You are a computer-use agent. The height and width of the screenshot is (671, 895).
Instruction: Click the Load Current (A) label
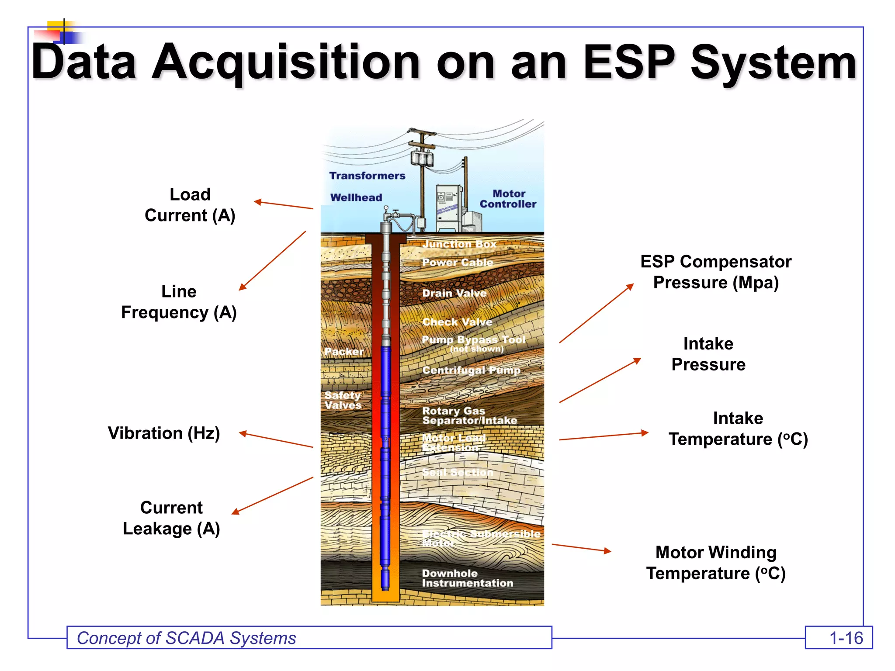(x=190, y=205)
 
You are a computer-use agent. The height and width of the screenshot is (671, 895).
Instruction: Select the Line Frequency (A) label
(x=179, y=302)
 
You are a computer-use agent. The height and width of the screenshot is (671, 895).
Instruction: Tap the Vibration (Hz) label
(x=164, y=433)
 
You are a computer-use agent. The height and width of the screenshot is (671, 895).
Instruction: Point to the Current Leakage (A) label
(x=171, y=518)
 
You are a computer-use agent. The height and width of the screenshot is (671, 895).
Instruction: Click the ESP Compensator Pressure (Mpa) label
(x=715, y=272)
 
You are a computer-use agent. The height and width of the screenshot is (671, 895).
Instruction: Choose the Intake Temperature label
(x=738, y=429)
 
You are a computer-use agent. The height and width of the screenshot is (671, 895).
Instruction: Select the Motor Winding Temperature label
(x=715, y=563)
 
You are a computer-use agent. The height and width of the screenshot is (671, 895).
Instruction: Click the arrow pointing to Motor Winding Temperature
(x=581, y=548)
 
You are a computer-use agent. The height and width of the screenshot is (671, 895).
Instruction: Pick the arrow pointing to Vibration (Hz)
(x=276, y=440)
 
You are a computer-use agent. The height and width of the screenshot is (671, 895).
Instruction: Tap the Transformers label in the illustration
(x=367, y=176)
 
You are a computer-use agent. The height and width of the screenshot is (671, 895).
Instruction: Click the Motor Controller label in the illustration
(x=508, y=199)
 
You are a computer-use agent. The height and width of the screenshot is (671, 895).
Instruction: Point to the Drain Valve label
(x=454, y=293)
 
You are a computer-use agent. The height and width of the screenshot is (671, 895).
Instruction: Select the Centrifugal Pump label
(x=471, y=370)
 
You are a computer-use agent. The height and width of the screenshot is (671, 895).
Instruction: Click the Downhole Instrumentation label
(x=467, y=578)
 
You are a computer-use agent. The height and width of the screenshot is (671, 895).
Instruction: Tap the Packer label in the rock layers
(x=344, y=352)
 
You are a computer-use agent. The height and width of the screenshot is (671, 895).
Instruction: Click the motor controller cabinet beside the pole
(x=449, y=207)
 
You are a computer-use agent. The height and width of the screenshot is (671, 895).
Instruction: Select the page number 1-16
(x=846, y=638)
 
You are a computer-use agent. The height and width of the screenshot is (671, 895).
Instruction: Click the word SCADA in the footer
(x=195, y=638)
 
